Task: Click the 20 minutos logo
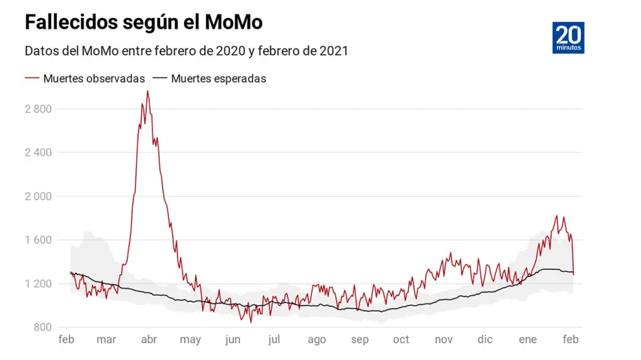pos(569,38)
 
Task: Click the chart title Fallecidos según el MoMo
pos(143,22)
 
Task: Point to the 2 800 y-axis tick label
pos(38,109)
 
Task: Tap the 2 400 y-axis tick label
pos(38,152)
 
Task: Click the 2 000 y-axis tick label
pos(38,196)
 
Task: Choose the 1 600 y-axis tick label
pos(38,240)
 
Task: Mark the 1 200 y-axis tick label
pos(38,284)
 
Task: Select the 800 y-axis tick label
pos(43,327)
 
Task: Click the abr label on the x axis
pos(149,339)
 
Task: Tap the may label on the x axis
pos(190,339)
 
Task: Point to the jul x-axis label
pos(274,339)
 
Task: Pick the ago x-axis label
pos(317,339)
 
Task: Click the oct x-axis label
pos(401,339)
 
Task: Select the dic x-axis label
pos(485,339)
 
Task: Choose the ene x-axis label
pos(528,339)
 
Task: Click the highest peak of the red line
pos(148,91)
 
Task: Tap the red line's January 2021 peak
pos(557,216)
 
